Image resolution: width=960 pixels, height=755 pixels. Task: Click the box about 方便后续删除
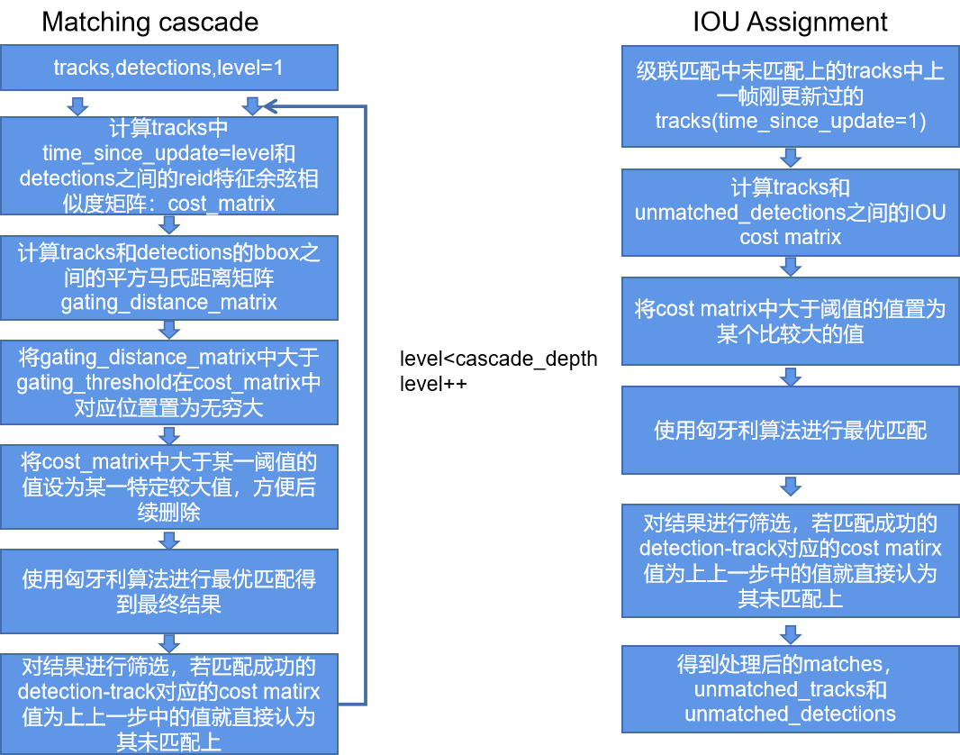169,487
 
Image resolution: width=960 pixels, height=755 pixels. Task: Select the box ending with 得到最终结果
169,590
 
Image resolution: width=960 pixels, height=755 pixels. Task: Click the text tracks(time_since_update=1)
790,120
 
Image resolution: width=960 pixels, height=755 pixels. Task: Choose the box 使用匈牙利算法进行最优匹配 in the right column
790,430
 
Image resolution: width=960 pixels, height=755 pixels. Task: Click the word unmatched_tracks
776,690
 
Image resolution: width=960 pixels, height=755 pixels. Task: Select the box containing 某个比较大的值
790,322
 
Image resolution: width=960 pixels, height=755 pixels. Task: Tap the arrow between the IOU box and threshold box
790,266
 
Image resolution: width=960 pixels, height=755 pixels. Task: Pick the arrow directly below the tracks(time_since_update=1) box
790,159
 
